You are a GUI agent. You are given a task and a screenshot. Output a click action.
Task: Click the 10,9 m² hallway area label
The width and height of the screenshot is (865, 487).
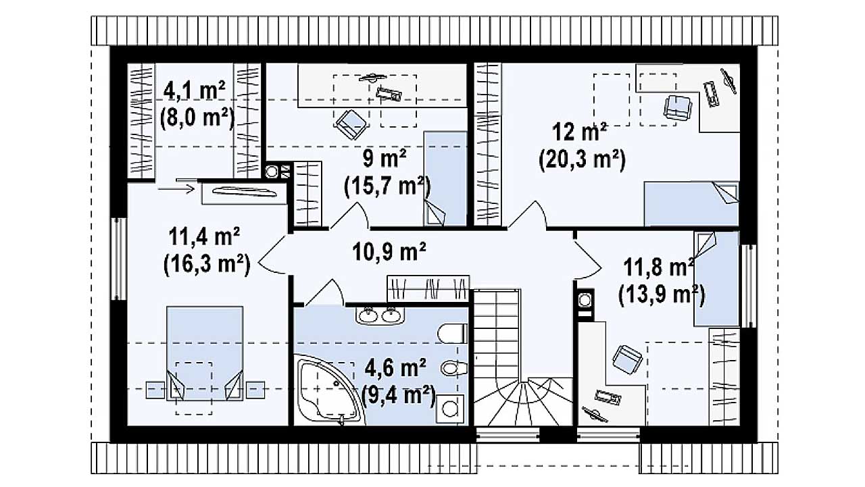coord(389,251)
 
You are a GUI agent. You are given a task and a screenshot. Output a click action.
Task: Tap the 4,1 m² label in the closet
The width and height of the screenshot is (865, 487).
coord(194,91)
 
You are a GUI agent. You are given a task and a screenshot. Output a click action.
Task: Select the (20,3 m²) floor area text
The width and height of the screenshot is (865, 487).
coord(582,159)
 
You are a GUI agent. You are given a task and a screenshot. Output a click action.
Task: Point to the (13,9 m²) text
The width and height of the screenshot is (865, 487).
coord(662,295)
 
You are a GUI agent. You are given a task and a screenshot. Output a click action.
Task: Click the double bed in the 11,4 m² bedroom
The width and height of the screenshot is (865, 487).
coord(205,353)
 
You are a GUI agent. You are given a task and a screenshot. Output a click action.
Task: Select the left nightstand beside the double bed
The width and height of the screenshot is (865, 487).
coord(155,390)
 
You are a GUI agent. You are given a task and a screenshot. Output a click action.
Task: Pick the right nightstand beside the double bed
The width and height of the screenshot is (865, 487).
coord(255,390)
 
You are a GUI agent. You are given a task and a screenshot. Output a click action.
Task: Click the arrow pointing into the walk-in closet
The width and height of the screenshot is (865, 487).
coord(176,189)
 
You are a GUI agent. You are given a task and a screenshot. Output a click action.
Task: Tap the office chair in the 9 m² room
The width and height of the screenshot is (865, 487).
coord(351,124)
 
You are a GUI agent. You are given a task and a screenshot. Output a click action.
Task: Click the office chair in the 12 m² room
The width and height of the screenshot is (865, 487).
coord(677,107)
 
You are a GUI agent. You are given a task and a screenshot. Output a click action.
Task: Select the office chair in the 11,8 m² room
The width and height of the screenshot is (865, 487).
coord(627,359)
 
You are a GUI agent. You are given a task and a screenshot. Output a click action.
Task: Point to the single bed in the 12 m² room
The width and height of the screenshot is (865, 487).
coord(691,204)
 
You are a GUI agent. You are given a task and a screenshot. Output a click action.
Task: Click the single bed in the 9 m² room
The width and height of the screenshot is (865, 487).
coord(445,178)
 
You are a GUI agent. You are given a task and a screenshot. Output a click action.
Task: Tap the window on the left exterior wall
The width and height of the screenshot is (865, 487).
coord(119,259)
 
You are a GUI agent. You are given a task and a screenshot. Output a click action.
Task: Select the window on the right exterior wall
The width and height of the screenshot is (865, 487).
coord(748,286)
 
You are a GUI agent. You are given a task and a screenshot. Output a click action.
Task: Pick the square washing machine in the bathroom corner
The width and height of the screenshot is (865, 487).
coord(450,409)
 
